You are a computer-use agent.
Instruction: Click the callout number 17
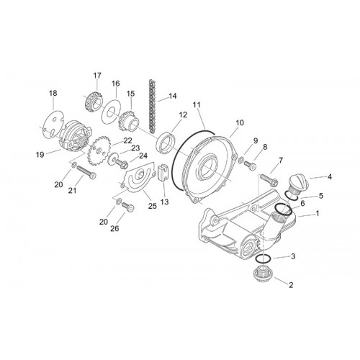tap(97, 76)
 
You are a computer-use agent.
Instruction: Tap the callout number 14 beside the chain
tap(173, 96)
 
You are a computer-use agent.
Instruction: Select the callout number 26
tap(114, 228)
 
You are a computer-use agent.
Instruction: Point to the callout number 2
tap(291, 285)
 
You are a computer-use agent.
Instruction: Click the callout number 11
tap(197, 104)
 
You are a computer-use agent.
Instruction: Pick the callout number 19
tap(40, 155)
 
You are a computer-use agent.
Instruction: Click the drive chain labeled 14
tap(151, 106)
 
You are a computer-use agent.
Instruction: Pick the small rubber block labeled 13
tap(163, 172)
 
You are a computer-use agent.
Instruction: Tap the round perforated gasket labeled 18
tap(53, 123)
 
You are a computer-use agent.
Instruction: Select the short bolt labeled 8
tap(250, 166)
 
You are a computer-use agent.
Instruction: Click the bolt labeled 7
tap(269, 180)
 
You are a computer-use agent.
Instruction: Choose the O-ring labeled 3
tap(264, 259)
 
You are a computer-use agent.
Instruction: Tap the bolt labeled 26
tap(128, 207)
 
